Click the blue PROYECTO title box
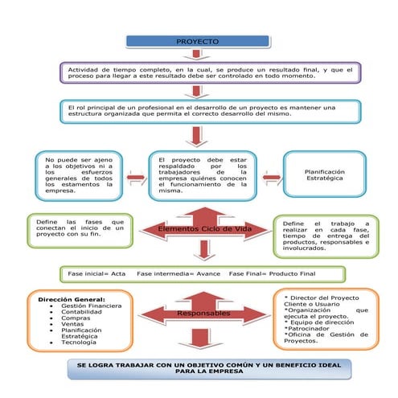[x=196, y=41]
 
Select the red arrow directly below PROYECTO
[x=196, y=55]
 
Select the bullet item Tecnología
[x=80, y=342]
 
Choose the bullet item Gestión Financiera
[x=92, y=306]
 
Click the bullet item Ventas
[x=74, y=327]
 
